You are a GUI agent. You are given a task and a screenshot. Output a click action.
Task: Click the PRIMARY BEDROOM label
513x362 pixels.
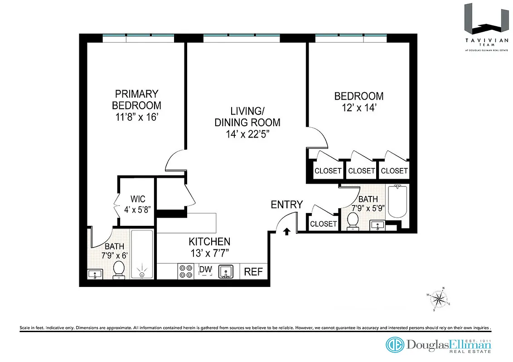click(x=136, y=100)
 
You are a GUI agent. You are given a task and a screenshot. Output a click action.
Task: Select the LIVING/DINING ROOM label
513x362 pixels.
click(x=247, y=116)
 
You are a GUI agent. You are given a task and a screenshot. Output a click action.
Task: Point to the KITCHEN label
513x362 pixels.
click(x=209, y=242)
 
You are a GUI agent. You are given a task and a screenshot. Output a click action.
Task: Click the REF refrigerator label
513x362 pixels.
click(x=253, y=272)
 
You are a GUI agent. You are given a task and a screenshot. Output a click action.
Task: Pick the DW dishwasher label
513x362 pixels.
click(x=206, y=270)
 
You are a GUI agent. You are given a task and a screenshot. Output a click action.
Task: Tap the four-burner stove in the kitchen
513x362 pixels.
click(x=185, y=271)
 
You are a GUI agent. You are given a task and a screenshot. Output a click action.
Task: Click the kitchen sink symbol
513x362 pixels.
click(x=226, y=272)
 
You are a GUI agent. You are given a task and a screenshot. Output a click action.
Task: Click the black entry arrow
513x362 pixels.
click(x=286, y=232)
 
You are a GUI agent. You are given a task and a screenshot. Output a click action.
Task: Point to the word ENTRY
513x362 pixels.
click(x=286, y=205)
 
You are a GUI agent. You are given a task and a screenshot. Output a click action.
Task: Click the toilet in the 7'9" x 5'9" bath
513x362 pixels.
click(x=353, y=221)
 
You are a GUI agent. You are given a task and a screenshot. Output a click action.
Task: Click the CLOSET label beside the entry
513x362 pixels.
click(x=324, y=224)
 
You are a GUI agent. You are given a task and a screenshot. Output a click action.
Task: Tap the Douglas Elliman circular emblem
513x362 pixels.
click(x=395, y=344)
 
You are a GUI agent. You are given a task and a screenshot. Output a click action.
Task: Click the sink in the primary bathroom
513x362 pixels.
click(x=95, y=274)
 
